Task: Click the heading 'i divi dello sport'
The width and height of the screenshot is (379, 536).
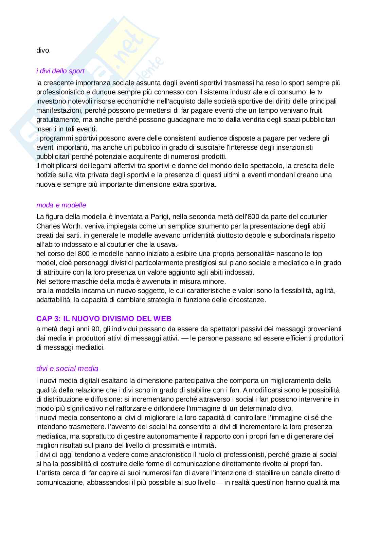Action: coord(60,71)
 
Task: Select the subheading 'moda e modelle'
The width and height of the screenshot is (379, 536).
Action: coord(61,205)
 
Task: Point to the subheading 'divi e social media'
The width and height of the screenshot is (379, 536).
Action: coord(67,368)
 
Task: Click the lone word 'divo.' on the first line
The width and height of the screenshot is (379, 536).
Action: coord(43,51)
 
